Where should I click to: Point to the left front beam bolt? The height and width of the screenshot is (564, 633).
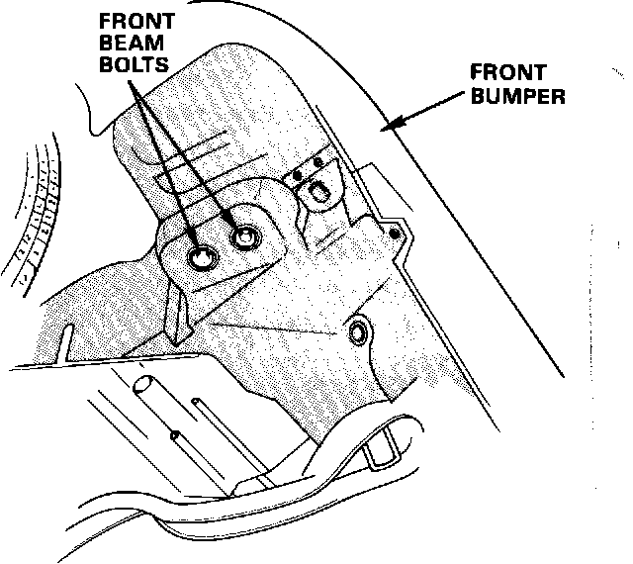click(x=202, y=259)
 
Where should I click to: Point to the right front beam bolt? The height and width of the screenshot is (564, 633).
click(x=243, y=237)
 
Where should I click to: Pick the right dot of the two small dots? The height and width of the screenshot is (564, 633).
click(x=317, y=162)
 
